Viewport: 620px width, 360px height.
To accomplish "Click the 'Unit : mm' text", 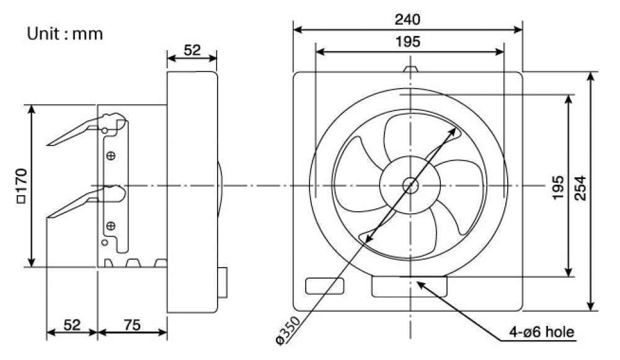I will [x=64, y=33].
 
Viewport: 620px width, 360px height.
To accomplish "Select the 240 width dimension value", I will [x=407, y=19].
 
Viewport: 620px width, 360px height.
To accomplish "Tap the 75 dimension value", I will [x=131, y=323].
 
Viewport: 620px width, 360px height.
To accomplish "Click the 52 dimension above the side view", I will [x=192, y=50].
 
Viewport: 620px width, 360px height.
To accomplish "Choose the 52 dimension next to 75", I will [x=72, y=323].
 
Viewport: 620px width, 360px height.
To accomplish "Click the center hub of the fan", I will [x=410, y=185].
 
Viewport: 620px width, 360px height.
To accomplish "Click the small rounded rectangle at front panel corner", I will [x=325, y=286].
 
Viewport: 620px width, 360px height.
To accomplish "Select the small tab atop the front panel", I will [x=410, y=68].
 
